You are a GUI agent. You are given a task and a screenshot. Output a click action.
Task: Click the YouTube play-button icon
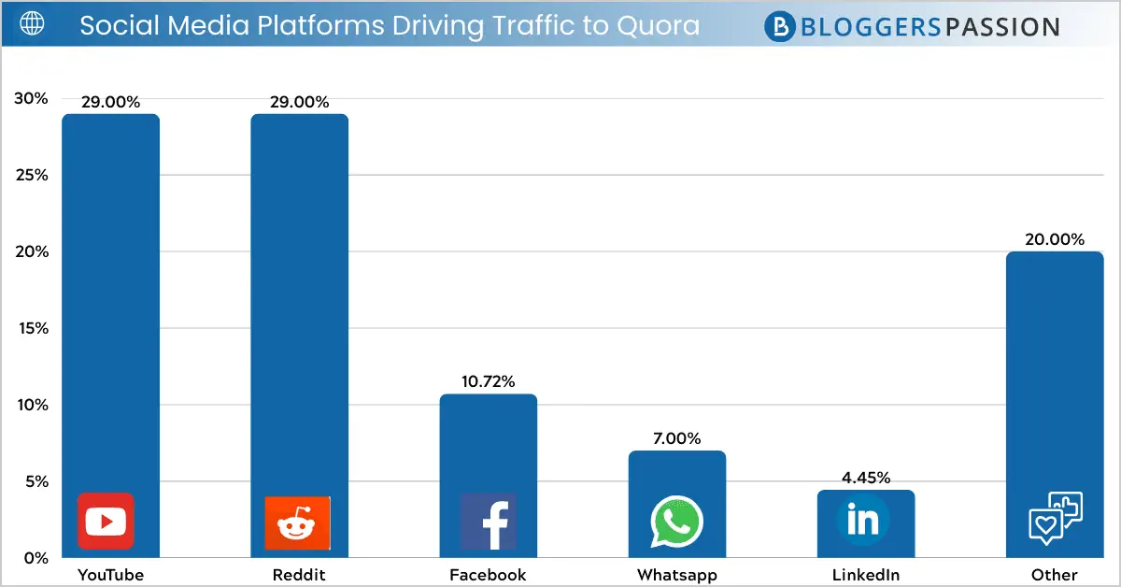click(x=105, y=521)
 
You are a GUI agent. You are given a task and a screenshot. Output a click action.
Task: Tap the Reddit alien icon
click(x=298, y=523)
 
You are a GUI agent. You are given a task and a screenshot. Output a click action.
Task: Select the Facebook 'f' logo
click(x=489, y=522)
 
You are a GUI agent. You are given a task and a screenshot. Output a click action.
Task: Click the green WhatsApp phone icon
click(x=677, y=522)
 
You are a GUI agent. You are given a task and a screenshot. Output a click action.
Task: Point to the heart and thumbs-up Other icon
click(x=1055, y=517)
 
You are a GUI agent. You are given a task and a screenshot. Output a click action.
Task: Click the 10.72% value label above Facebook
click(x=488, y=381)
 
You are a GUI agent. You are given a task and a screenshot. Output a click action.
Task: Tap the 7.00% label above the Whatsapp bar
click(x=676, y=438)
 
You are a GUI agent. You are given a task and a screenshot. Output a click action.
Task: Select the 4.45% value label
click(x=865, y=478)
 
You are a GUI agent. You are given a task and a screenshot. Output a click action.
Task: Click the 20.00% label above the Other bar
click(x=1055, y=238)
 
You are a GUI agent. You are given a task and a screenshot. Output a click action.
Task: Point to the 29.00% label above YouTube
click(x=110, y=102)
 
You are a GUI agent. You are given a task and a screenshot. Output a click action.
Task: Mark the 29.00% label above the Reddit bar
click(x=299, y=102)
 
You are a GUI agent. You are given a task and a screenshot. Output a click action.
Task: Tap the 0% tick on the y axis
click(x=35, y=558)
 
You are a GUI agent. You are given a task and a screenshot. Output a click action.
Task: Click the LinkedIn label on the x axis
click(x=865, y=575)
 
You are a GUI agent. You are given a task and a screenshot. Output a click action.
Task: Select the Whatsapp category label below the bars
click(x=676, y=575)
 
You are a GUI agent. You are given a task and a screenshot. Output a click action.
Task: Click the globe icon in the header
click(x=32, y=24)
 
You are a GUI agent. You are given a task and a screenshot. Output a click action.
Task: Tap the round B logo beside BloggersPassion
click(x=779, y=26)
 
